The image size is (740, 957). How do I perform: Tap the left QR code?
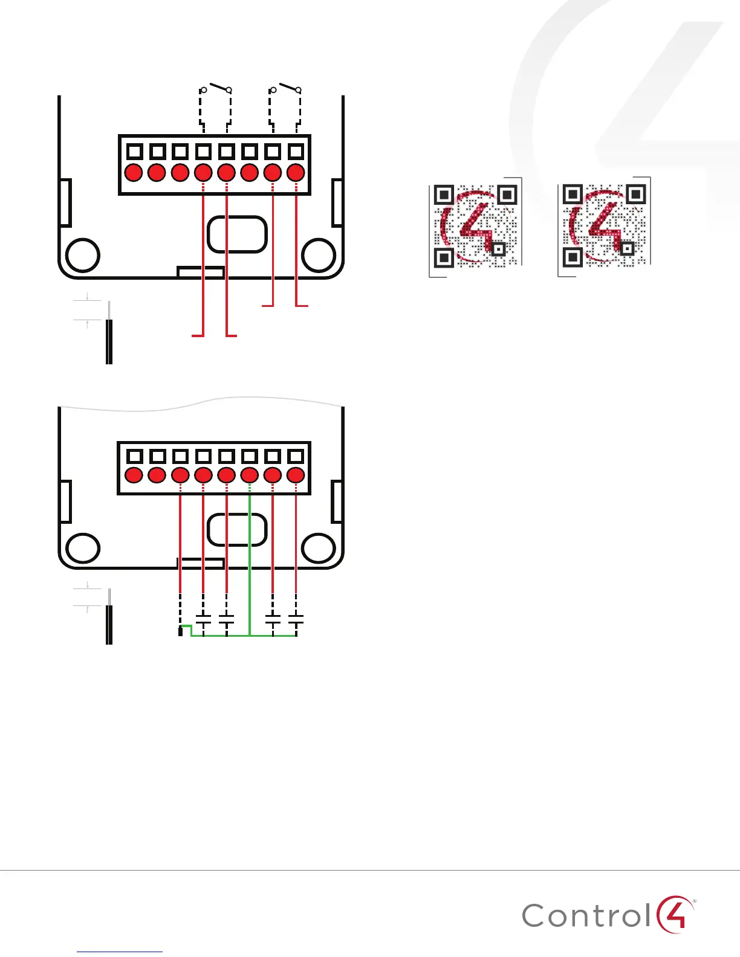[476, 226]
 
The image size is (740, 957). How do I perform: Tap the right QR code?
[604, 226]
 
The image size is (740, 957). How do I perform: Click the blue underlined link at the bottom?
[120, 952]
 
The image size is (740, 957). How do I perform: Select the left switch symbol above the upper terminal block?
[216, 89]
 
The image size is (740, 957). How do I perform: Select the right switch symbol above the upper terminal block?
[285, 89]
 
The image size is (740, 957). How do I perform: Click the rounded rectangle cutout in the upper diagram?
[237, 234]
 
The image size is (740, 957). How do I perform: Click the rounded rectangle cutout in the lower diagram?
[237, 529]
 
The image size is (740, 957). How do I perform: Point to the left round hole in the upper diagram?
[82, 255]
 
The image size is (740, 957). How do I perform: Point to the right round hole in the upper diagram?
[319, 255]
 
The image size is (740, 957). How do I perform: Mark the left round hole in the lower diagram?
[82, 549]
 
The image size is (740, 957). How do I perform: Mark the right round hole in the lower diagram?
[319, 549]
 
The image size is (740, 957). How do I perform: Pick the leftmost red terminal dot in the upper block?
[134, 173]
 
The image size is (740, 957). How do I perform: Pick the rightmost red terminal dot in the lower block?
[296, 475]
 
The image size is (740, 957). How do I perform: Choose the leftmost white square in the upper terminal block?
[135, 151]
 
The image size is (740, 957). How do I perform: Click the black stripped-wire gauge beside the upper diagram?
[109, 341]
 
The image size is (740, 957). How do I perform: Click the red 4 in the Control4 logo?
[673, 914]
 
